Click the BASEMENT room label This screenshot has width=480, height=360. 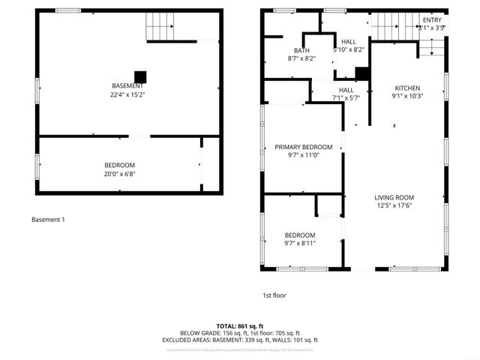pyautogui.click(x=127, y=86)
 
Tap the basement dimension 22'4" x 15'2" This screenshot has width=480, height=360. pyautogui.click(x=127, y=95)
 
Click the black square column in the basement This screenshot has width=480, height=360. pyautogui.click(x=139, y=76)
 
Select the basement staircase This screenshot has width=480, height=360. pyautogui.click(x=160, y=28)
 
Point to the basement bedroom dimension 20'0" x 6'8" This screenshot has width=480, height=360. pyautogui.click(x=120, y=174)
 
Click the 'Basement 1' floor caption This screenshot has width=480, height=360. pyautogui.click(x=48, y=220)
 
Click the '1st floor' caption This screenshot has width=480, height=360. pyautogui.click(x=274, y=295)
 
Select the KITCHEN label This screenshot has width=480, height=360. pyautogui.click(x=407, y=88)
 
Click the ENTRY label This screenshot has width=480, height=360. pyautogui.click(x=432, y=20)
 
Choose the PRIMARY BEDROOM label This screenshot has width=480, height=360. pyautogui.click(x=303, y=147)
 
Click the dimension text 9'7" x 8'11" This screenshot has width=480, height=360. pyautogui.click(x=300, y=243)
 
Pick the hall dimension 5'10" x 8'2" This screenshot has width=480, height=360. pyautogui.click(x=349, y=50)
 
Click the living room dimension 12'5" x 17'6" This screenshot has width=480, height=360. pyautogui.click(x=394, y=206)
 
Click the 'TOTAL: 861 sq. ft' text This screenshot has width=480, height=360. pyautogui.click(x=240, y=326)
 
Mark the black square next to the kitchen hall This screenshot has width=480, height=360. pyautogui.click(x=362, y=73)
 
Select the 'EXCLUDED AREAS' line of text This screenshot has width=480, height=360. pyautogui.click(x=240, y=340)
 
